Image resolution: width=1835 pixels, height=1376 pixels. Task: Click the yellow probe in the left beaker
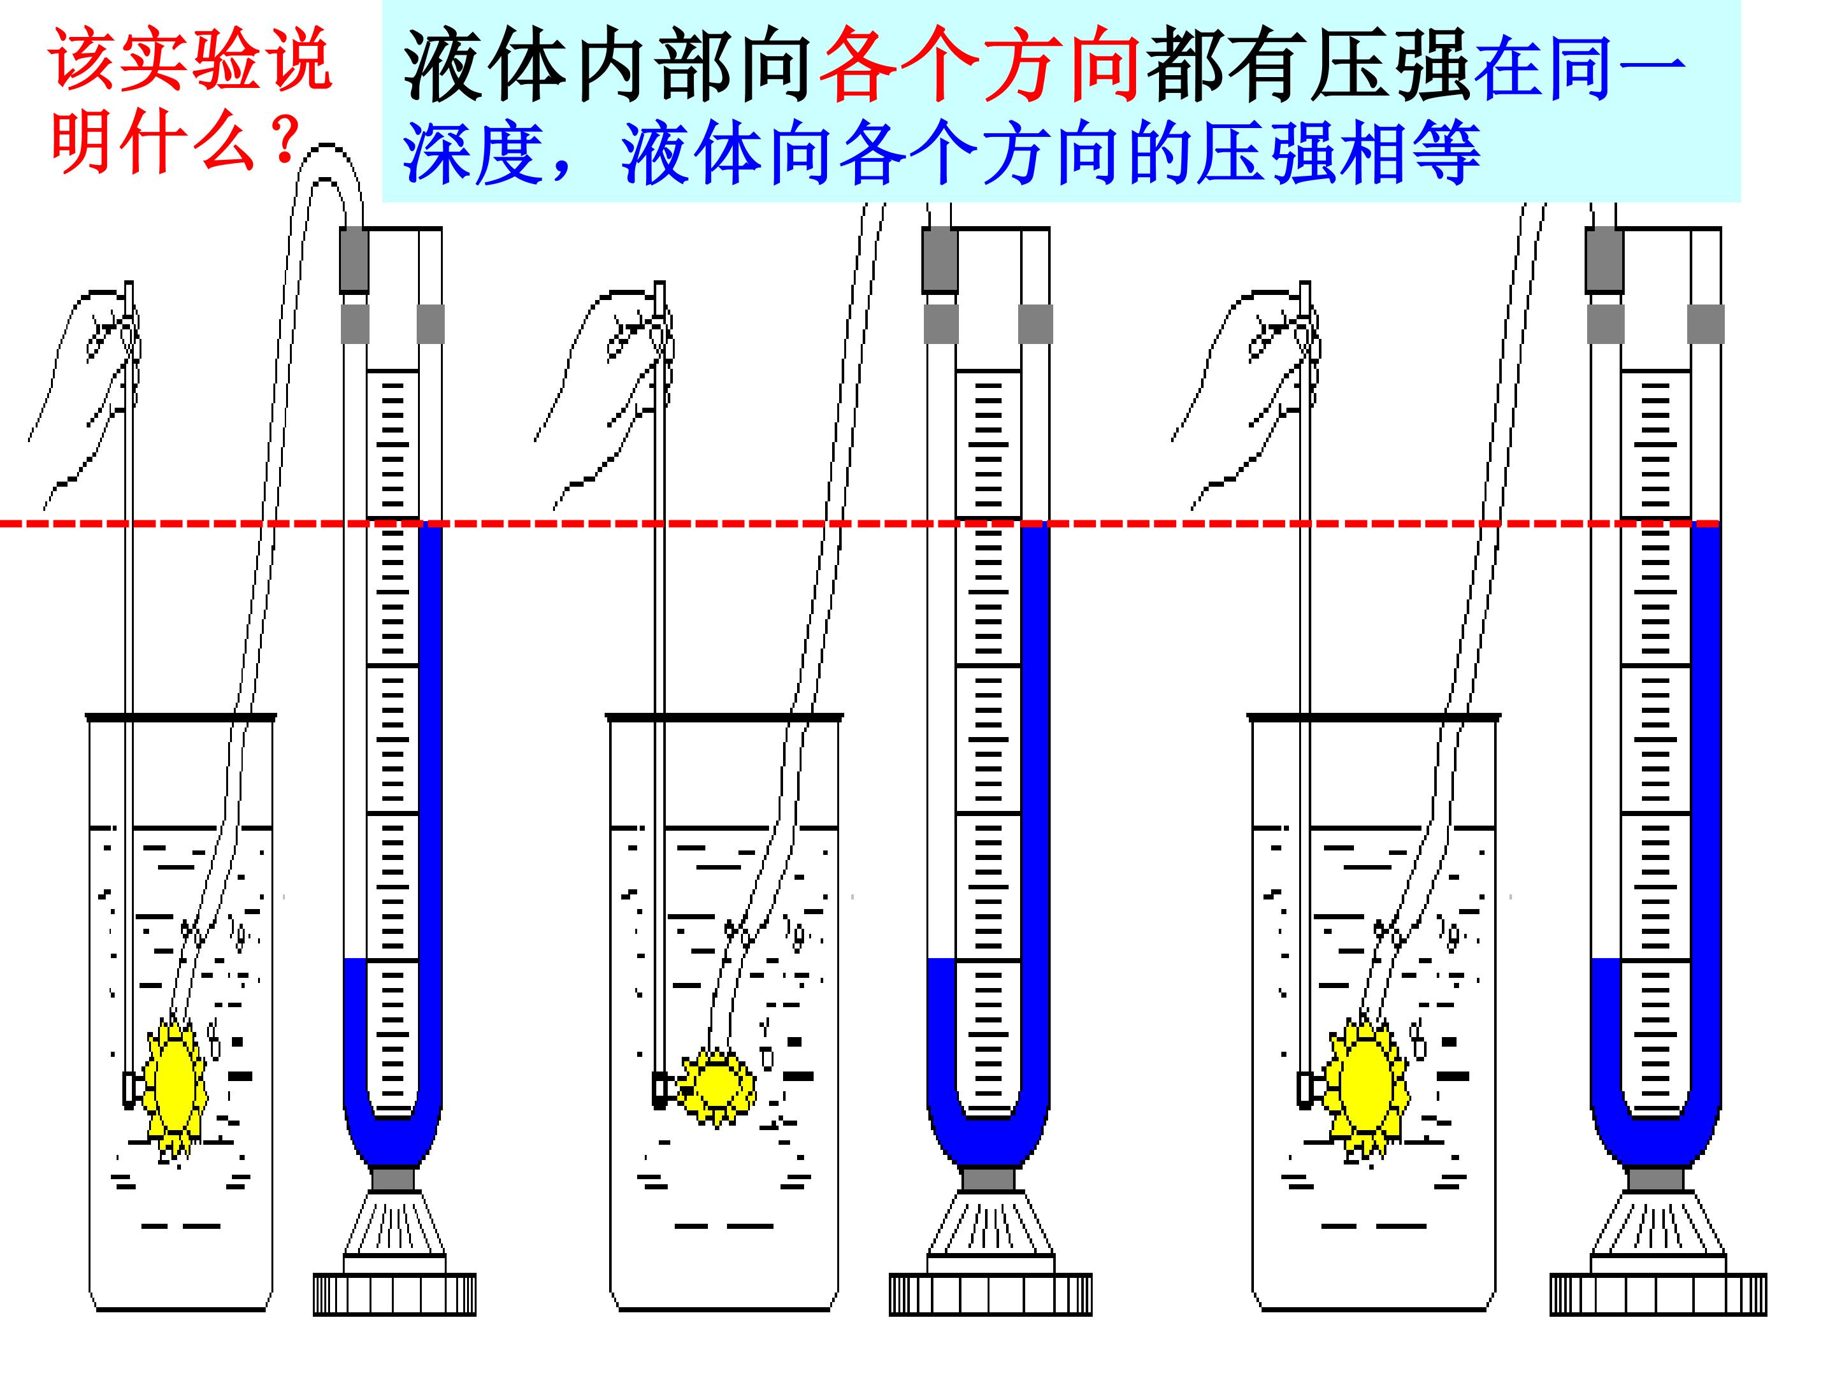(176, 1087)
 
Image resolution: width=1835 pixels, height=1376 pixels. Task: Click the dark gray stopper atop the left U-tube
(354, 259)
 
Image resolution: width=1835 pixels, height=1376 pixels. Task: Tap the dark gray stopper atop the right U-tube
(1604, 259)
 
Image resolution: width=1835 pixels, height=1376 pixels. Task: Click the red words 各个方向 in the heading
(979, 65)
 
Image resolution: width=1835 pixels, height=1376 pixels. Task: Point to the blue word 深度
(473, 154)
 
